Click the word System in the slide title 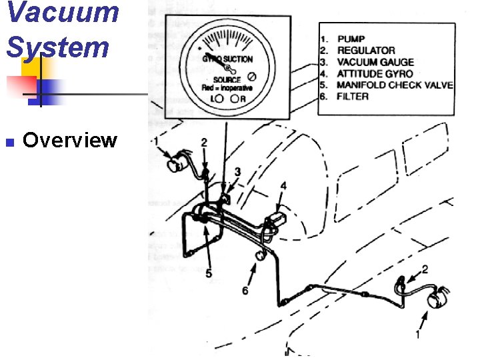click(x=57, y=47)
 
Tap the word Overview click(x=70, y=141)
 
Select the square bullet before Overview click(x=9, y=142)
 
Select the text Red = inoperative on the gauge click(x=227, y=88)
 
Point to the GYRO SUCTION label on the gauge click(x=227, y=59)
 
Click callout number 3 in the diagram click(x=237, y=172)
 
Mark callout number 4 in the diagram click(x=283, y=186)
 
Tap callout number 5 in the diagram click(x=209, y=273)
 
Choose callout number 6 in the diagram click(x=245, y=291)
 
